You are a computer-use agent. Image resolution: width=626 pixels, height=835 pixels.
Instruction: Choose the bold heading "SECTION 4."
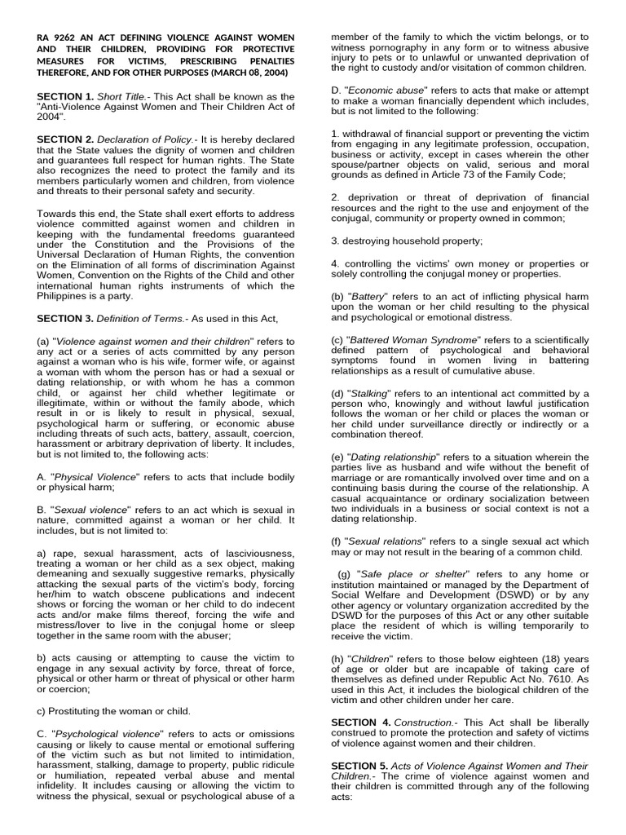pos(362,722)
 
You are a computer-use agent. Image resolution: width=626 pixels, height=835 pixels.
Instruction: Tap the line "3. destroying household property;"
pos(407,241)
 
